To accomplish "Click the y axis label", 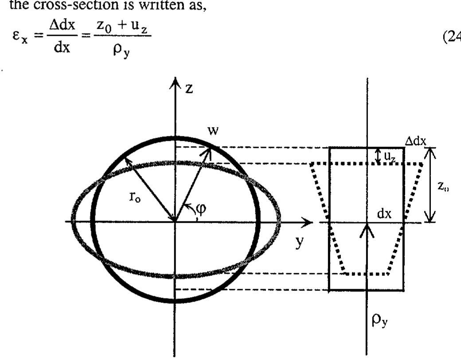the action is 300,243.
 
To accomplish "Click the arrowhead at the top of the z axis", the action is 176,83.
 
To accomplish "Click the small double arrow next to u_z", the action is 378,155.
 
